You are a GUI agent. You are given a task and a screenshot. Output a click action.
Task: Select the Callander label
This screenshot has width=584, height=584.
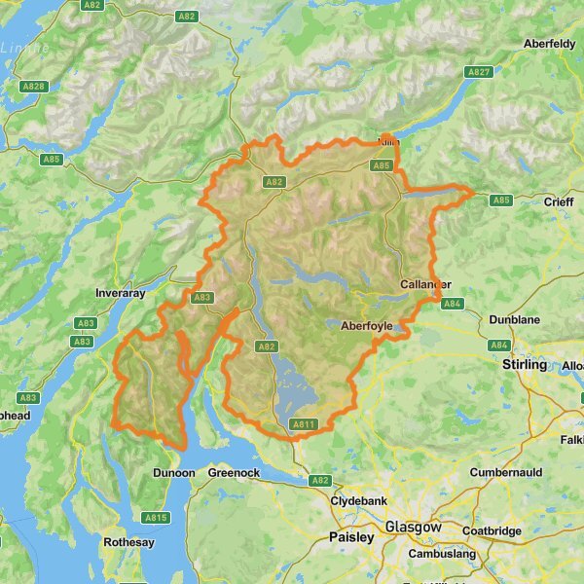tap(425, 284)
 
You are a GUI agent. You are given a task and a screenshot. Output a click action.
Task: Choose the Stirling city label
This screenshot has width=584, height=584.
tap(527, 364)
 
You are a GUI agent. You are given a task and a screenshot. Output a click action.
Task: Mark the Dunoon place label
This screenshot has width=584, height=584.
tap(174, 473)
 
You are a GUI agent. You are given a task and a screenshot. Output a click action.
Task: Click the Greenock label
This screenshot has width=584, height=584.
tap(234, 473)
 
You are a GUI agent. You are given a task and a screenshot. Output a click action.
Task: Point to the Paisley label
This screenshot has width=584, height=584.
tap(351, 536)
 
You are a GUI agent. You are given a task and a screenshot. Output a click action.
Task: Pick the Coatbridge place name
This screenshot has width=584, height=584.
tap(492, 531)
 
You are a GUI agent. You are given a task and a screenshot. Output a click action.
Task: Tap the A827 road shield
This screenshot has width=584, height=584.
tap(479, 72)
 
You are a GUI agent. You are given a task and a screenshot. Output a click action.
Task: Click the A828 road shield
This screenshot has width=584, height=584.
tap(34, 87)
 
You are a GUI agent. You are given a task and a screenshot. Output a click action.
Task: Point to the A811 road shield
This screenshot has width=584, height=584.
tap(304, 424)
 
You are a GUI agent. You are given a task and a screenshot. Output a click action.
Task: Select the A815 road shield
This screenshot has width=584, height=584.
tap(156, 518)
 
